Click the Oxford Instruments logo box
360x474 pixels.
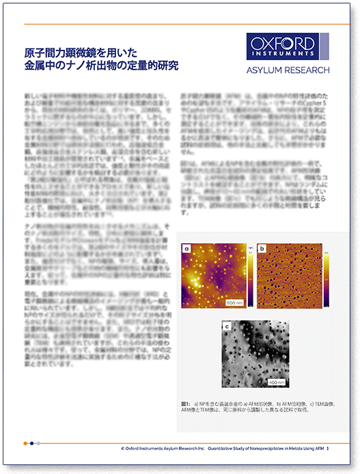coord(283,46)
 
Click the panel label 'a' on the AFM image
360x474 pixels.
coord(186,250)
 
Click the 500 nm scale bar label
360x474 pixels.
coord(234,301)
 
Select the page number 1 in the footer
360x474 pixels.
coord(328,448)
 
